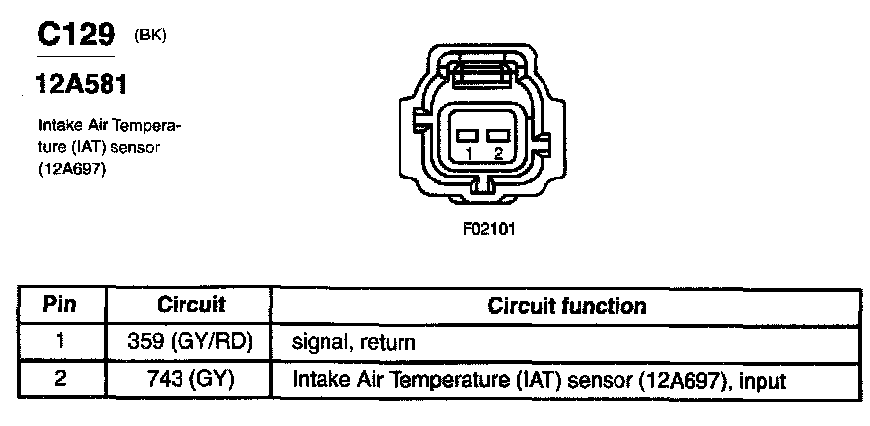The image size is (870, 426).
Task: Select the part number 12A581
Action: point(81,86)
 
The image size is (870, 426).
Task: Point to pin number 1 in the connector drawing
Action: point(470,153)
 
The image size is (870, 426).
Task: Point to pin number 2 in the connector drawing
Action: point(499,153)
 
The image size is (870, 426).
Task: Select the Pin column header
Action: point(60,305)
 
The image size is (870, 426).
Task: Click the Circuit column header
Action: point(191,305)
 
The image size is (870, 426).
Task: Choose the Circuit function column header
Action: point(567,306)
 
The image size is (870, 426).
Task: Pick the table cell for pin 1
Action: point(60,342)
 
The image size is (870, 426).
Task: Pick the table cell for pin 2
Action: point(60,379)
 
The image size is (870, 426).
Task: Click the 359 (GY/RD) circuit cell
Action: point(191,343)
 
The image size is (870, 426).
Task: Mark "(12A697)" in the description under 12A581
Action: point(72,168)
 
